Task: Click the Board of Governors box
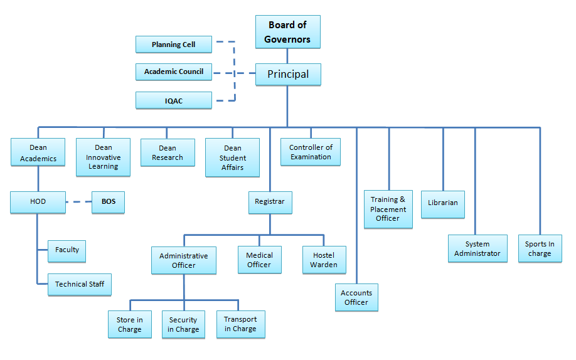(x=288, y=32)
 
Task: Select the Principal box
(x=288, y=74)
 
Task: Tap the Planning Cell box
(x=174, y=45)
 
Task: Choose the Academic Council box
(x=174, y=71)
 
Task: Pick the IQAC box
(x=174, y=100)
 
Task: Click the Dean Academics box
(x=38, y=153)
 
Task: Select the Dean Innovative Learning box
(x=104, y=157)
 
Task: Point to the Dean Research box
(x=168, y=153)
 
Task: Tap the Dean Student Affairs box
(x=233, y=157)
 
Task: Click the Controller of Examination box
(x=311, y=152)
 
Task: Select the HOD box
(x=38, y=202)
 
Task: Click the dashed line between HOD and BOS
(x=79, y=202)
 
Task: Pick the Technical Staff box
(x=80, y=284)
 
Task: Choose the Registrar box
(x=270, y=202)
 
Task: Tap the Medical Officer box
(x=259, y=260)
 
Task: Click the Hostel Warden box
(x=324, y=260)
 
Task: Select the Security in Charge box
(x=183, y=324)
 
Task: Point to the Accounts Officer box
(x=356, y=297)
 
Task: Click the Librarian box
(x=443, y=203)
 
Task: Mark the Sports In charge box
(x=540, y=248)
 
